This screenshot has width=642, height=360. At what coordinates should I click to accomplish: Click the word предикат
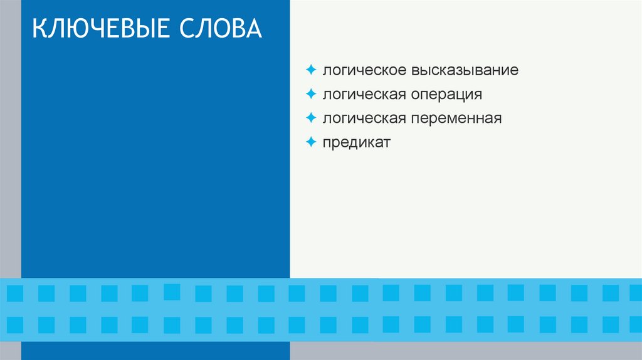[357, 142]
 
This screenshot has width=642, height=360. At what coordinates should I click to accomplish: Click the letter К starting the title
[39, 29]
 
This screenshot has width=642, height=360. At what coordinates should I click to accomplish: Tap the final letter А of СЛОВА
[254, 29]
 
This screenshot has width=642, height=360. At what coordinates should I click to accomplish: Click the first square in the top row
[15, 293]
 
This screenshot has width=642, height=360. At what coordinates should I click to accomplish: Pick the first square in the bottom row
[15, 324]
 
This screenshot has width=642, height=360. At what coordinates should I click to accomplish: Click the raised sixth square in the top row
[172, 292]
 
